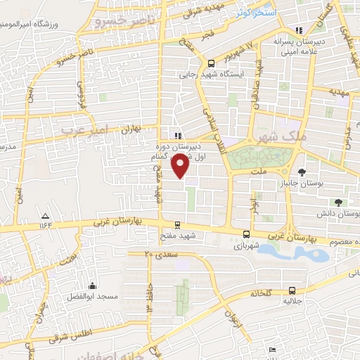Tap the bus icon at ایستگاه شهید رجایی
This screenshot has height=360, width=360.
212,62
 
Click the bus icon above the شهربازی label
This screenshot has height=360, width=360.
246,235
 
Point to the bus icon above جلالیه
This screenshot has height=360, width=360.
292,290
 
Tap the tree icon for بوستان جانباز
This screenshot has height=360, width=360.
302,172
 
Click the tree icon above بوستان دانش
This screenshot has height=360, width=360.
338,202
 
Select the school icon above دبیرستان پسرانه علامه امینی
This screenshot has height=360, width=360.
299,31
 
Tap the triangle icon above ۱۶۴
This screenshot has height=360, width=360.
46,216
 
